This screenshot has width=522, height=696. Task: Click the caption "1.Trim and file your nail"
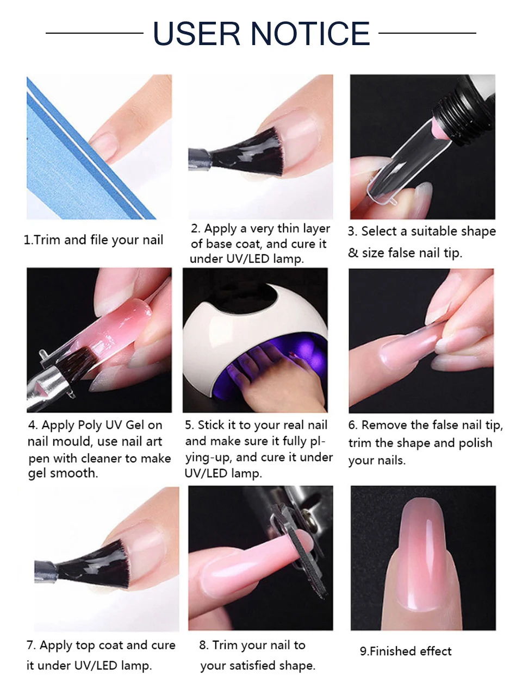[93, 240]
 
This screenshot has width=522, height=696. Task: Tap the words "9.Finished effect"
[406, 651]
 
